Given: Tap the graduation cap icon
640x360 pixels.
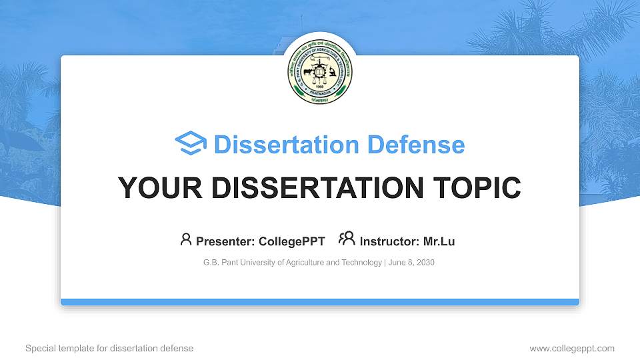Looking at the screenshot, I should pyautogui.click(x=191, y=144).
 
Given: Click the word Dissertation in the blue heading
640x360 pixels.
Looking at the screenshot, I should pyautogui.click(x=278, y=145).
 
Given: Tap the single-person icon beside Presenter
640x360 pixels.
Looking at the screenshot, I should pyautogui.click(x=186, y=239).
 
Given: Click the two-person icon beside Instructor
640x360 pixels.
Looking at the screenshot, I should pyautogui.click(x=347, y=239).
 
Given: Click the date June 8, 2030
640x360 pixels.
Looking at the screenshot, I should pyautogui.click(x=411, y=263).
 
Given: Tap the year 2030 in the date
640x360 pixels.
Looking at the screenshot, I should pyautogui.click(x=425, y=263).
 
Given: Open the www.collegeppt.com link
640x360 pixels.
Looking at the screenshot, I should pyautogui.click(x=572, y=348).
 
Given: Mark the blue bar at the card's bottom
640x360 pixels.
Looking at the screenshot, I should pyautogui.click(x=320, y=302).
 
